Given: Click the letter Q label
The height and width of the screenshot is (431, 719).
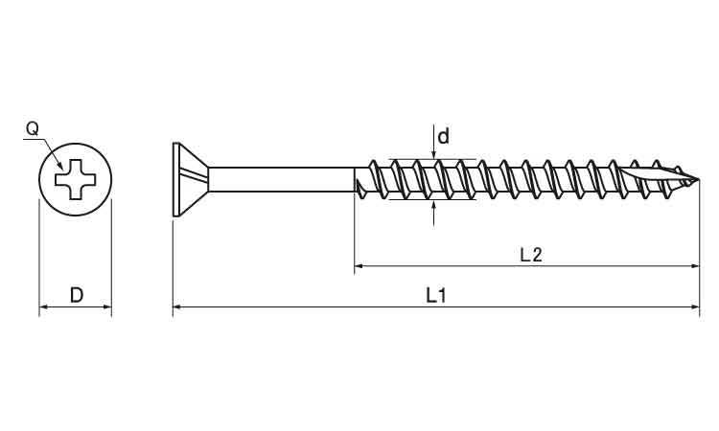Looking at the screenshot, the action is [32, 128].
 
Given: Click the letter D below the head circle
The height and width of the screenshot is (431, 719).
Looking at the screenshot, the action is [77, 295].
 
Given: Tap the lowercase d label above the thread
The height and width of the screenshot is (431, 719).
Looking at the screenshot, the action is [444, 137].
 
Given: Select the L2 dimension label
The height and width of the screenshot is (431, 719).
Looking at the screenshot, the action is [531, 255].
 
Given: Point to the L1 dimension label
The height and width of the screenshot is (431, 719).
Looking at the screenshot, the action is [436, 295].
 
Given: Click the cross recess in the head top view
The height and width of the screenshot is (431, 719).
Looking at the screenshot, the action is [75, 179].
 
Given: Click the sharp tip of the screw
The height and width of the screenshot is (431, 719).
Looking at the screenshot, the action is [699, 179].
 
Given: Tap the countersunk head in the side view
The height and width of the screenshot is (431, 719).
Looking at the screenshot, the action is [191, 179].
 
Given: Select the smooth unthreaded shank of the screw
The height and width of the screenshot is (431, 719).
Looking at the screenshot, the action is [282, 179].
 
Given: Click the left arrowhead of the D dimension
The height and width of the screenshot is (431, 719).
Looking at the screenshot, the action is [43, 306].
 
